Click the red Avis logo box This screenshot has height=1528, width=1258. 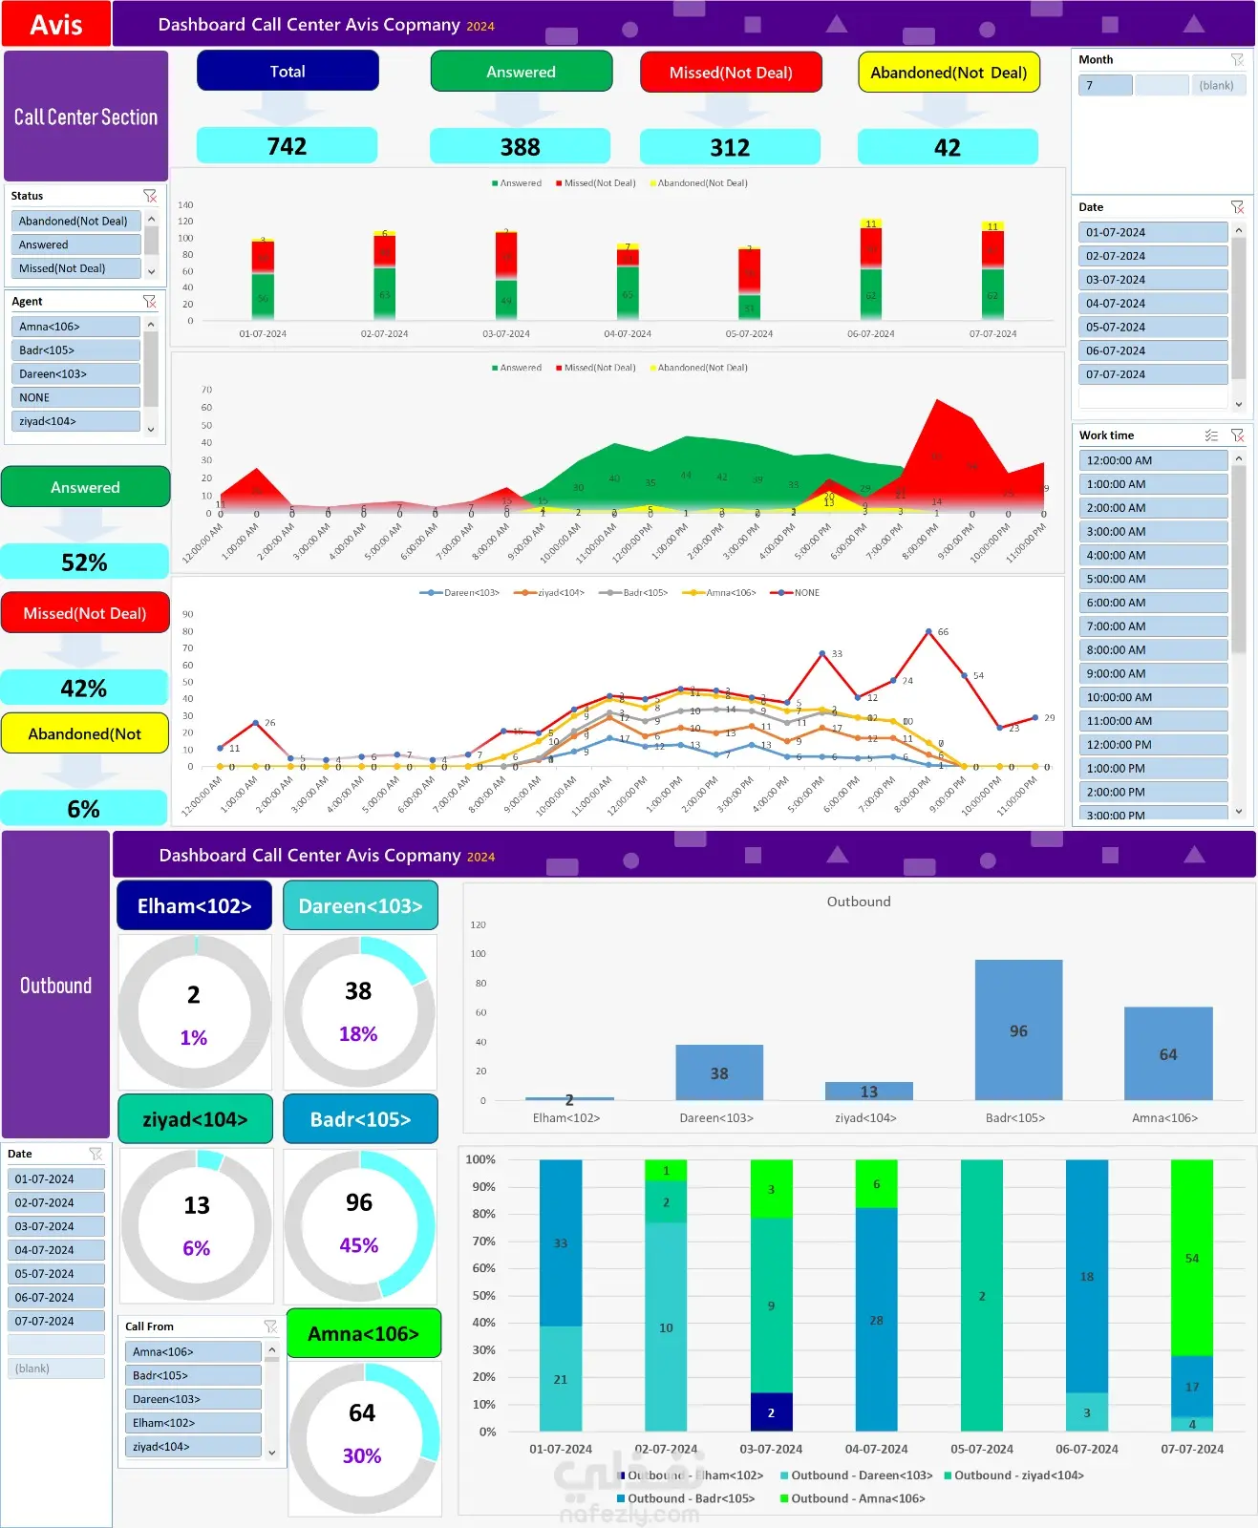tap(55, 24)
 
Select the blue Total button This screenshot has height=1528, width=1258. tap(288, 72)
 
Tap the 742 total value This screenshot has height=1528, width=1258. tap(287, 146)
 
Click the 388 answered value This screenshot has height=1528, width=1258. tap(520, 147)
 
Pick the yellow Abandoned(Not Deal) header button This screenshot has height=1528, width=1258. tap(948, 73)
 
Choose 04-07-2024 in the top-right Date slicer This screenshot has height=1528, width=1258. tap(1152, 304)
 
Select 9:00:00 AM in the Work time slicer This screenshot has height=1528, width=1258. tap(1152, 673)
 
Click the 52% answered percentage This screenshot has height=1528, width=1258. tap(84, 562)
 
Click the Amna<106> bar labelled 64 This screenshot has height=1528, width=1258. tap(1167, 1053)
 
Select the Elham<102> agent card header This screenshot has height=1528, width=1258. tap(194, 905)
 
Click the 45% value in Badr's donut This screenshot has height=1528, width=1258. tap(359, 1245)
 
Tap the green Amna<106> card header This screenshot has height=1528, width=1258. tap(363, 1333)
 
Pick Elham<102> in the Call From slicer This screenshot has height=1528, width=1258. tap(192, 1423)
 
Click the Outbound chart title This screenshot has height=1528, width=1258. tap(858, 902)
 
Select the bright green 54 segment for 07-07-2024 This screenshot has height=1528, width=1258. tap(1191, 1258)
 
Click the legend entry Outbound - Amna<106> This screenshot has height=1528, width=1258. tap(857, 1498)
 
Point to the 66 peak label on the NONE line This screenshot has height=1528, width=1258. tap(943, 632)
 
